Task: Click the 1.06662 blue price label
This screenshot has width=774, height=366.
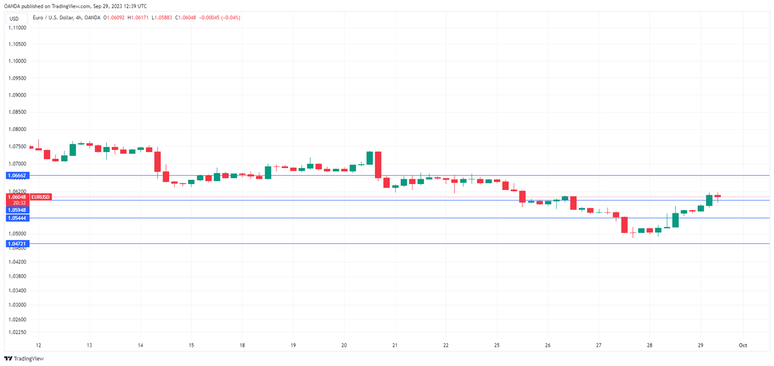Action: [x=17, y=175]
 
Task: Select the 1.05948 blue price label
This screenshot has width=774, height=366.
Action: [x=17, y=210]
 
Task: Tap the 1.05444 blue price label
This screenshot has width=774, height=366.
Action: [x=17, y=218]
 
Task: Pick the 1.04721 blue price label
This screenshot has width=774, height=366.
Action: [x=17, y=244]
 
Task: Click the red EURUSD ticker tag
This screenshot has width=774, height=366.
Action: [x=41, y=197]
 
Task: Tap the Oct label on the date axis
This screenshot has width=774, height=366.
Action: [x=743, y=345]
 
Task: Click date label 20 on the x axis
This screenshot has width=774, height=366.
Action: [x=344, y=345]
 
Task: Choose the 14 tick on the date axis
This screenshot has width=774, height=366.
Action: [x=140, y=345]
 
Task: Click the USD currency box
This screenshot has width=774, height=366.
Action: [x=14, y=18]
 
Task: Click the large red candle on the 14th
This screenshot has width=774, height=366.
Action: [x=158, y=161]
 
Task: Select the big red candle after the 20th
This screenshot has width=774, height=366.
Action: [x=378, y=165]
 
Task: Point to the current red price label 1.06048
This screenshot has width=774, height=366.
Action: [x=17, y=197]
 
